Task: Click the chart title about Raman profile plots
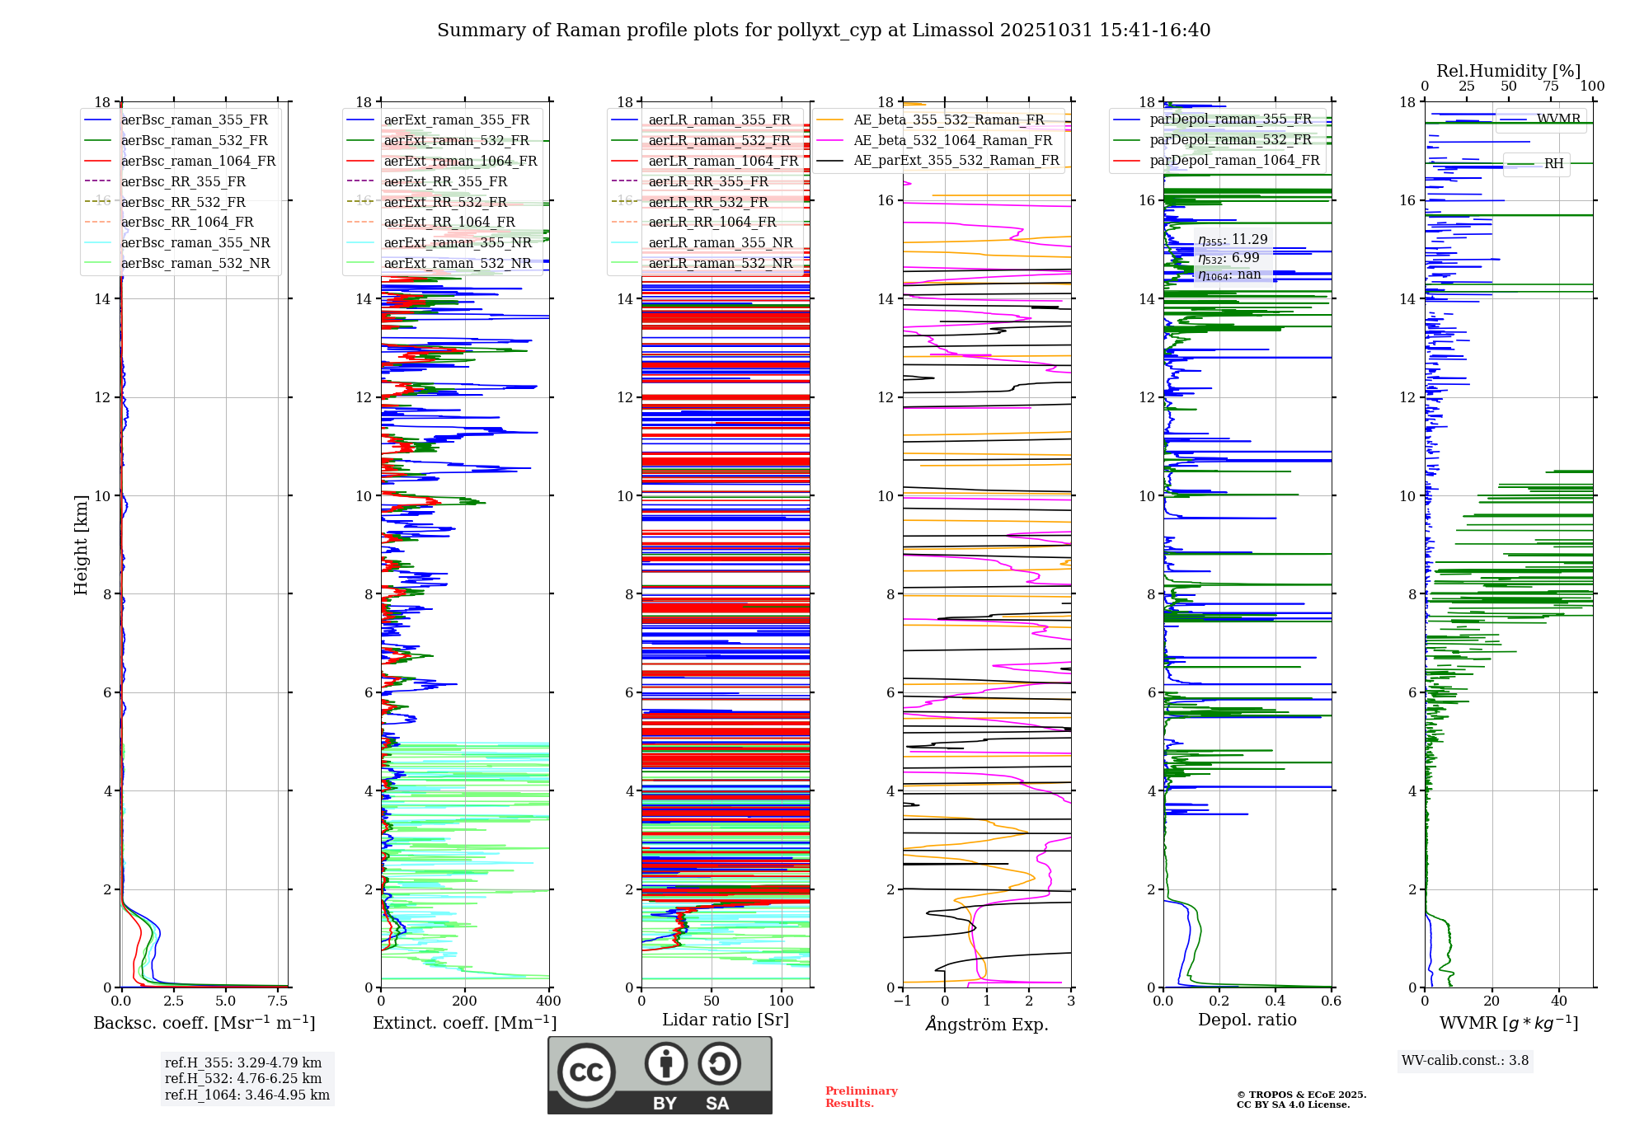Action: (x=824, y=30)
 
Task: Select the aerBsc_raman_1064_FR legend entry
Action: (x=198, y=161)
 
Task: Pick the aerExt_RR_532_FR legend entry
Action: (x=445, y=202)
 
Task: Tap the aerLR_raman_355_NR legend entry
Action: (x=720, y=242)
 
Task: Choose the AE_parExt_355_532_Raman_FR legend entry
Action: (x=956, y=160)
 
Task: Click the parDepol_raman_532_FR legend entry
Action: (x=1230, y=139)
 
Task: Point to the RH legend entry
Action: (x=1553, y=163)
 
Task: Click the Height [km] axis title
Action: (x=81, y=544)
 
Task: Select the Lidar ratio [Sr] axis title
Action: (x=725, y=1020)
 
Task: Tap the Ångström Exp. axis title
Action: (x=987, y=1024)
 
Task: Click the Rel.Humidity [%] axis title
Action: (x=1508, y=71)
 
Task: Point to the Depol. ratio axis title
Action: (x=1247, y=1020)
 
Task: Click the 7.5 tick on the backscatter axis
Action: (x=278, y=1001)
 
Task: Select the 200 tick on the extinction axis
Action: (x=464, y=1001)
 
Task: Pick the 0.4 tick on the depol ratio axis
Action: (x=1275, y=1001)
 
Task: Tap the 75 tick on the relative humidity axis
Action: (x=1550, y=86)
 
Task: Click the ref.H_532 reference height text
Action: (x=242, y=1078)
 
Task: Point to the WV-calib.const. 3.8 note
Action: (x=1464, y=1060)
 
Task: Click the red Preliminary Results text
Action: (x=861, y=1096)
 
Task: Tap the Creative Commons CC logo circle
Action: (x=586, y=1072)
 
